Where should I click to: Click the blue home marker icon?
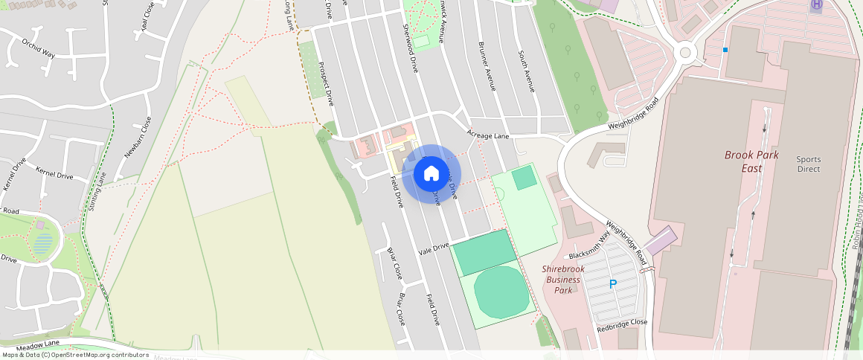click(x=431, y=174)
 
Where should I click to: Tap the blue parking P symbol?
click(x=613, y=284)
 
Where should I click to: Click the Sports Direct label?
click(x=808, y=164)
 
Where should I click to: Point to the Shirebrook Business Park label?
click(x=563, y=280)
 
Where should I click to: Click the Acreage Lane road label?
click(x=488, y=135)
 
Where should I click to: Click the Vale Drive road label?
click(x=434, y=249)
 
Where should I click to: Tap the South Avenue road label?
click(x=527, y=71)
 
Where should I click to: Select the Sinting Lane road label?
click(x=97, y=192)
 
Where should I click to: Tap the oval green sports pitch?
click(x=501, y=291)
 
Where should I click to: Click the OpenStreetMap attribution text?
click(x=74, y=355)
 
